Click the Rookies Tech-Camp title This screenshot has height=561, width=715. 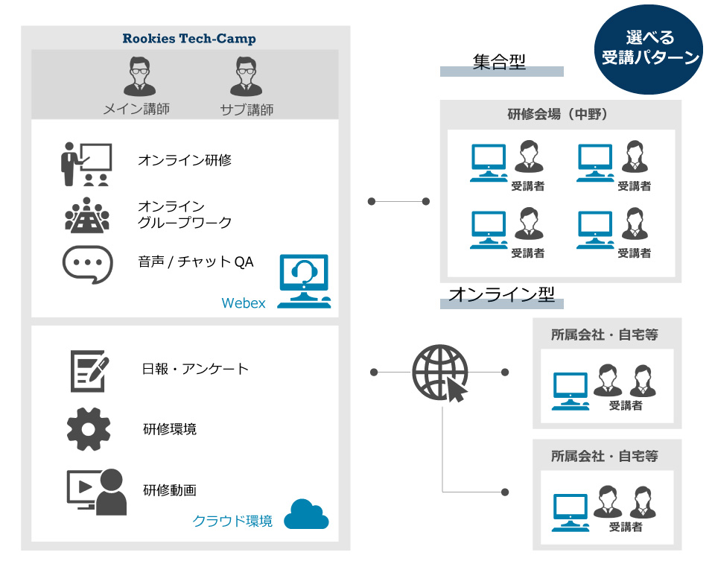click(189, 39)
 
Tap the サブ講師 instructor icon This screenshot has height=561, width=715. click(247, 77)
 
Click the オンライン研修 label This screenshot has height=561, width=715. click(185, 160)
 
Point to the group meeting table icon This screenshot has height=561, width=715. click(86, 214)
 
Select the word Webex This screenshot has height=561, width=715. click(244, 303)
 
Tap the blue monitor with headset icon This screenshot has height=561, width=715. click(304, 282)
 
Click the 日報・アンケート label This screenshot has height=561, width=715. click(195, 369)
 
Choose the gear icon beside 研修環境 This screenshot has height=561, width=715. click(89, 429)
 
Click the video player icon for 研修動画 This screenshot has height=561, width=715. click(96, 492)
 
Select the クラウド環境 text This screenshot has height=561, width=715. click(232, 521)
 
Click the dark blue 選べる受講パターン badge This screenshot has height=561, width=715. click(651, 49)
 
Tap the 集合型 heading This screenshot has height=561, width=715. click(499, 62)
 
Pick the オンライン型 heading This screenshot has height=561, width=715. click(502, 294)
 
